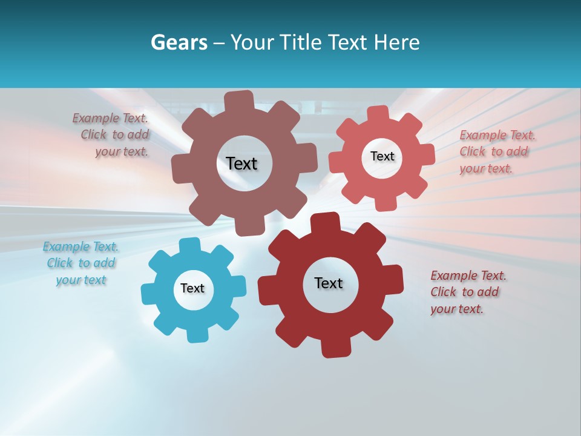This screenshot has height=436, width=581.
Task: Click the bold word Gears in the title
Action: (x=179, y=42)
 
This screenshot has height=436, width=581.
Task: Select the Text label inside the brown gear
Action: (x=241, y=163)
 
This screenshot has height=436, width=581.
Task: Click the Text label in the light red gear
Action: (x=382, y=156)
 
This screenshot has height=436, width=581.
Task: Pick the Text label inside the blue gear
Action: (x=192, y=288)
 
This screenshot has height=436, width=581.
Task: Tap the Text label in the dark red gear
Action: (x=329, y=283)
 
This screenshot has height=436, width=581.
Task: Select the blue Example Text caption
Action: (x=81, y=263)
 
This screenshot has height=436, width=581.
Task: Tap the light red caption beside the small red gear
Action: (x=497, y=151)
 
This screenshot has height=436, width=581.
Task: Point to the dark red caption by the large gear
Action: (x=467, y=292)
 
